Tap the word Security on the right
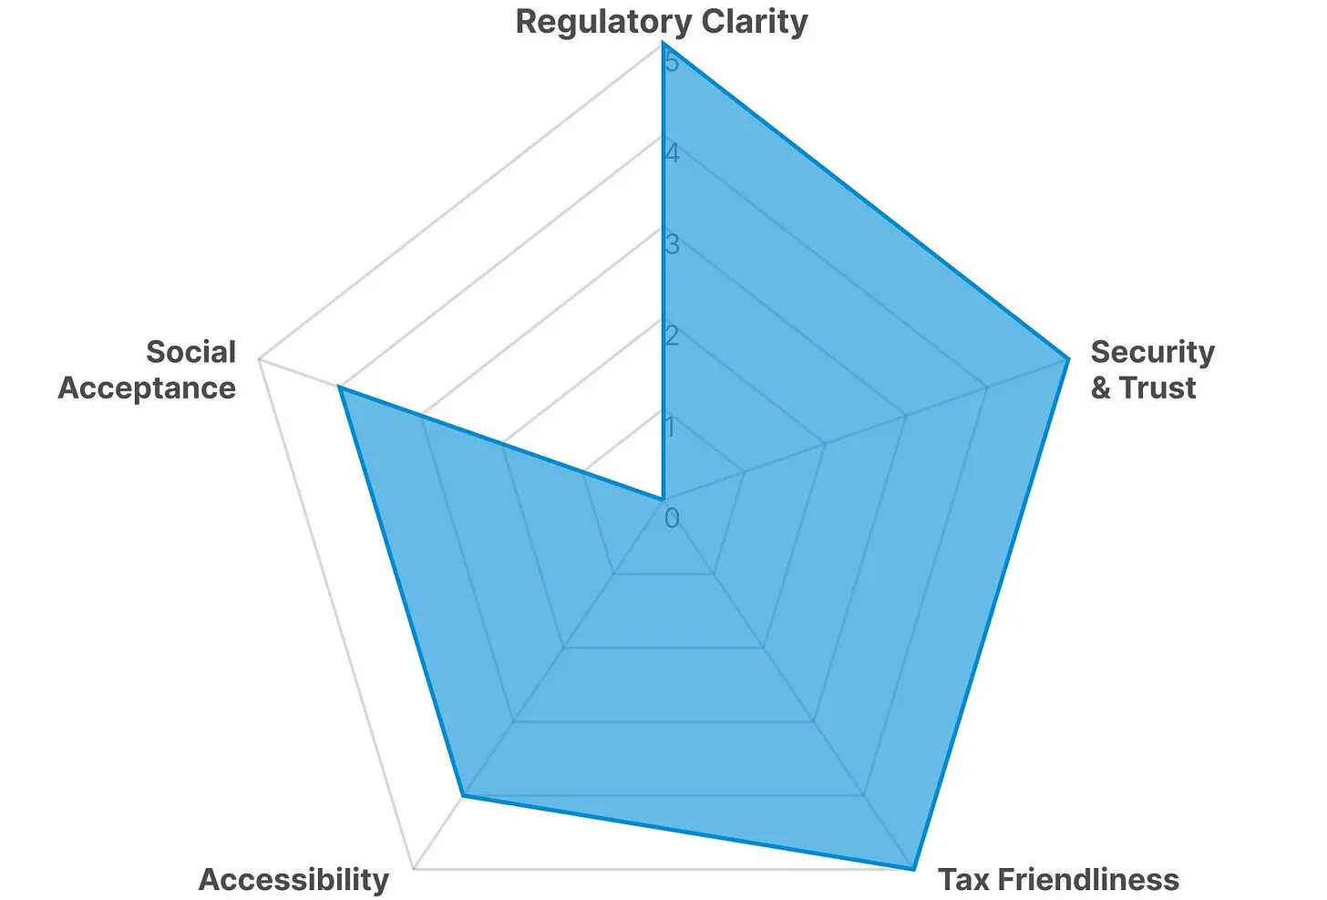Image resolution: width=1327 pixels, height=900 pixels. (1152, 352)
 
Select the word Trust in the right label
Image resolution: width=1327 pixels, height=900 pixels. (1157, 388)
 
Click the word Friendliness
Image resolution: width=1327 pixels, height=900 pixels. (1088, 879)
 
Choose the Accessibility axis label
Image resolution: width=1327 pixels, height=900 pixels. (293, 879)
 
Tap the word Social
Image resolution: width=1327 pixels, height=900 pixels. (190, 352)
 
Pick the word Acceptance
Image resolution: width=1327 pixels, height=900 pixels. (147, 388)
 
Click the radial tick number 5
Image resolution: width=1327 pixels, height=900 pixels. (672, 62)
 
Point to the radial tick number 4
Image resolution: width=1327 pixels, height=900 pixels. (672, 153)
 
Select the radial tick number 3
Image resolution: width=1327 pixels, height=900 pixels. (672, 244)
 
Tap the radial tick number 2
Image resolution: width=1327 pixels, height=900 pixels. (672, 336)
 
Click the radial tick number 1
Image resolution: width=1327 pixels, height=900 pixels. (671, 427)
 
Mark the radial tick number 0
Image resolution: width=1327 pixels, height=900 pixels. (672, 518)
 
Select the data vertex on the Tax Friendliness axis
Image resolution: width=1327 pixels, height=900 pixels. (913, 869)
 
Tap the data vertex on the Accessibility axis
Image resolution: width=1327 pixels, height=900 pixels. (463, 796)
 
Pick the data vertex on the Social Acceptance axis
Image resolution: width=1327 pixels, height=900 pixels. (339, 387)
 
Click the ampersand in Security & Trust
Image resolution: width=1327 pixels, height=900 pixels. (1101, 388)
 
